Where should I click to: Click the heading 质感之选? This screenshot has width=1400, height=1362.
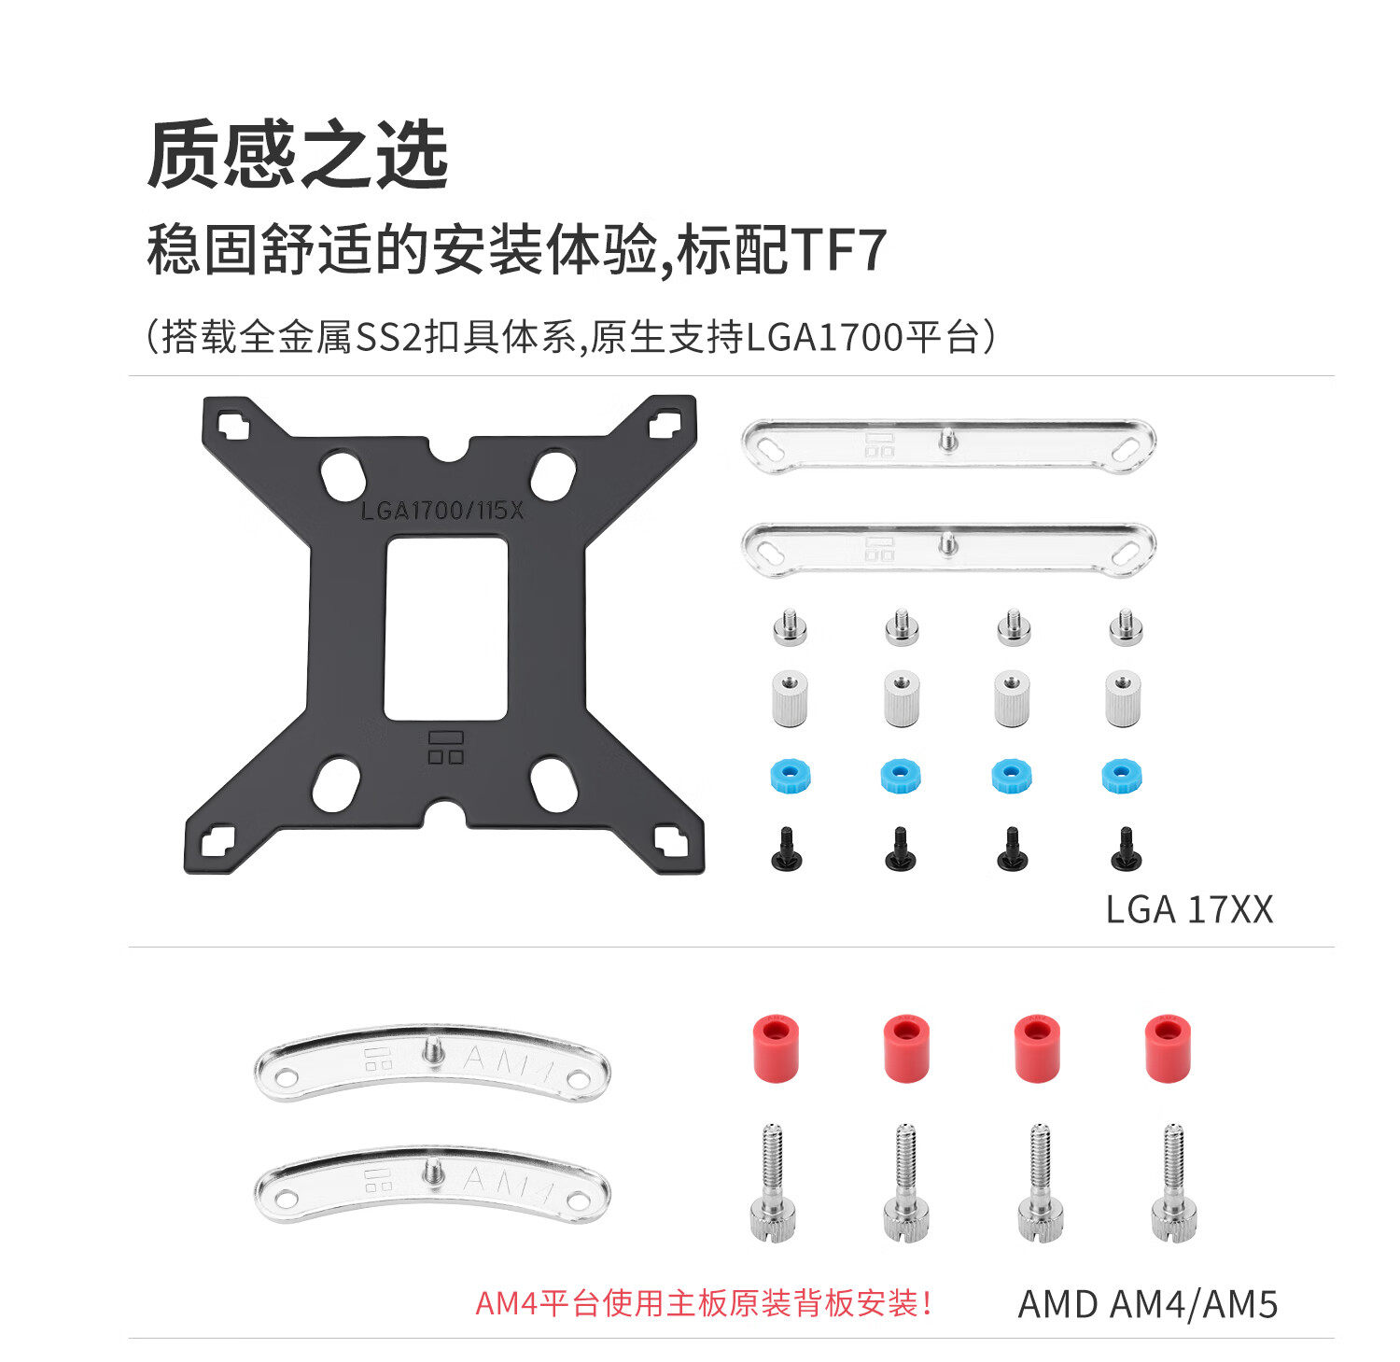[298, 155]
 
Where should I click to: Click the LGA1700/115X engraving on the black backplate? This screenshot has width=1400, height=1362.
[442, 511]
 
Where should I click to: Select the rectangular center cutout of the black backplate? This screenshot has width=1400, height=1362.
[446, 627]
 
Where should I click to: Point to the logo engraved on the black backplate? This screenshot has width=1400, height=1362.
[445, 747]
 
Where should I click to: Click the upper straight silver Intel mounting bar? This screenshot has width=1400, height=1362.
[947, 444]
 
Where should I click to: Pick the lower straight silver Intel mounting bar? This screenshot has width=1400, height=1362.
[947, 548]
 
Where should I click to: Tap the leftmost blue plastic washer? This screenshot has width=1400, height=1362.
[790, 776]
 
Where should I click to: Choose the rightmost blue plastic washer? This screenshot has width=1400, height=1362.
[1122, 776]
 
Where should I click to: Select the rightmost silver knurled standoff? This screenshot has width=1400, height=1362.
[1122, 697]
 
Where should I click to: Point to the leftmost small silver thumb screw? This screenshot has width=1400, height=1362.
[790, 627]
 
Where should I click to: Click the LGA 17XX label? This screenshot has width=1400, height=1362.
[1188, 909]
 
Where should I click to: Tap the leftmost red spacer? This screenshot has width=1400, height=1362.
[776, 1048]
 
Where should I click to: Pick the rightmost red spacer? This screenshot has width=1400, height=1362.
[1168, 1048]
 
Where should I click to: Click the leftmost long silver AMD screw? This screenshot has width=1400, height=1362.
[774, 1183]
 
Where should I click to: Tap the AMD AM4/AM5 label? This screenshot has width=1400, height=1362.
[1147, 1304]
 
